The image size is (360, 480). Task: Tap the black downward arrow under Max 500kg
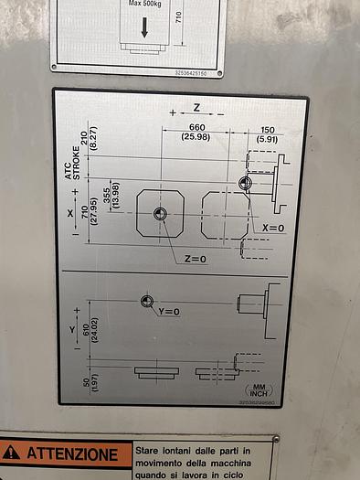point(144,27)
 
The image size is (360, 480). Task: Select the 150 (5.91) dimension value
point(268,133)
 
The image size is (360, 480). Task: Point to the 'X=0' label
point(273,228)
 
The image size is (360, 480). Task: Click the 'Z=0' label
point(196,259)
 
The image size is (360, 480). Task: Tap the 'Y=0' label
point(169,312)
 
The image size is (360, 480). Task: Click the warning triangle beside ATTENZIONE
point(11,453)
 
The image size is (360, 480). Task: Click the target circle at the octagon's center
point(161,214)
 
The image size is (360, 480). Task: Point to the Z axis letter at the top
point(196,108)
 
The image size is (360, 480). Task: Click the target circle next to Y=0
point(145,301)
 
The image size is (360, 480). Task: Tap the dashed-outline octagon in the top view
point(224,216)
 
